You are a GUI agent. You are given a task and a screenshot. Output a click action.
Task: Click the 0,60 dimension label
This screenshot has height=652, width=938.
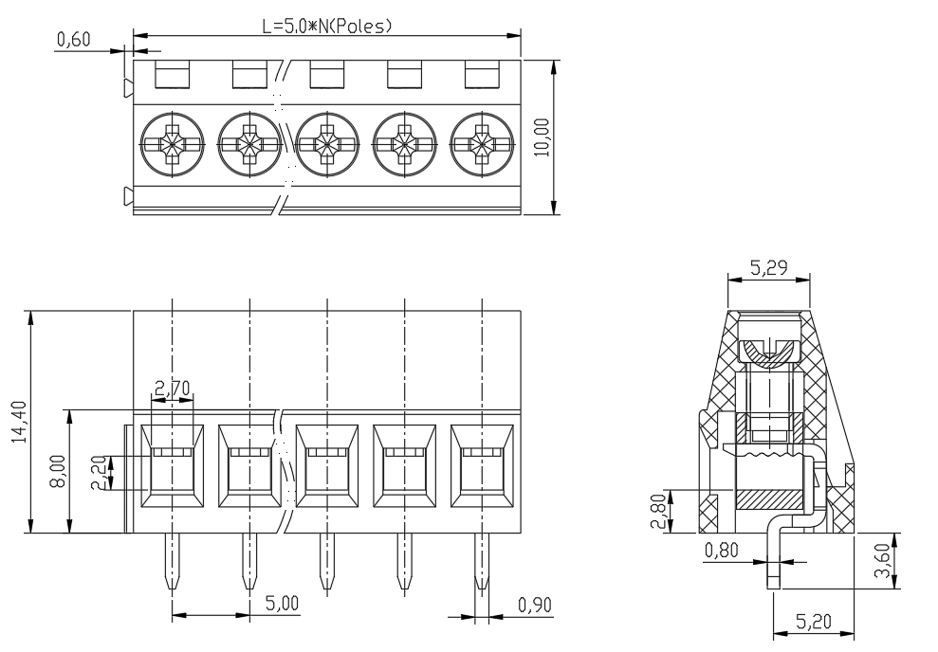click(74, 40)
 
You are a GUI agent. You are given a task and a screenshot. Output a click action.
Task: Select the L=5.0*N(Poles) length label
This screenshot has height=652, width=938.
click(327, 26)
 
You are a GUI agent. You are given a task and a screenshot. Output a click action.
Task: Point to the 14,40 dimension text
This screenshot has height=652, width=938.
click(20, 422)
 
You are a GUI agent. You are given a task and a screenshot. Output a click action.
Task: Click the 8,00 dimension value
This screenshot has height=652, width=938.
click(59, 471)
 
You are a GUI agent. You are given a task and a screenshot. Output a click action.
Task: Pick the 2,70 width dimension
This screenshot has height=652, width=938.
click(173, 389)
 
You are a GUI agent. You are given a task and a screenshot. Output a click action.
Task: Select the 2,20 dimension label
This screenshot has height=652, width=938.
click(100, 473)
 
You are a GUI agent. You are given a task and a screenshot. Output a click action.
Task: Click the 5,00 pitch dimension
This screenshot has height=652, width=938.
click(283, 603)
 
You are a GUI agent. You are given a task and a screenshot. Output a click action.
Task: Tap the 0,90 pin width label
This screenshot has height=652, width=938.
click(535, 606)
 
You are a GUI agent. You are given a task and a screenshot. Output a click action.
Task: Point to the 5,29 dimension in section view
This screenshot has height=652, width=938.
click(769, 268)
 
